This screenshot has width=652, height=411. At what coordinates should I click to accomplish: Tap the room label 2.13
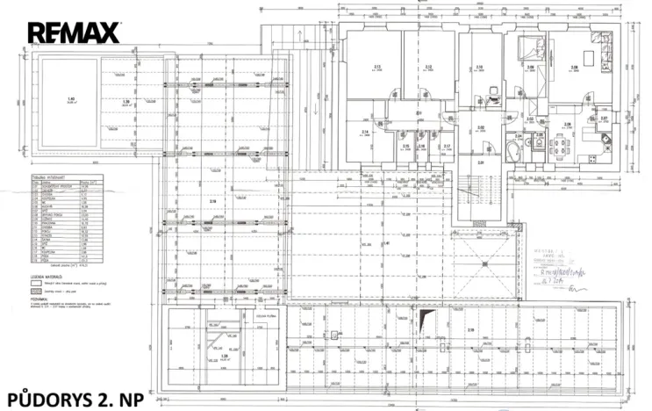pos(376,67)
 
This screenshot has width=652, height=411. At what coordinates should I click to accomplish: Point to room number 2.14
pos(364,133)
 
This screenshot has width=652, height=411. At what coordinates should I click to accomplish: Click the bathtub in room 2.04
pos(515,150)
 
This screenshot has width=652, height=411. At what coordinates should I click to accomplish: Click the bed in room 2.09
pos(529,48)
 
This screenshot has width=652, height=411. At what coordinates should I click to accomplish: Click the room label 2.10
pos(479,67)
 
